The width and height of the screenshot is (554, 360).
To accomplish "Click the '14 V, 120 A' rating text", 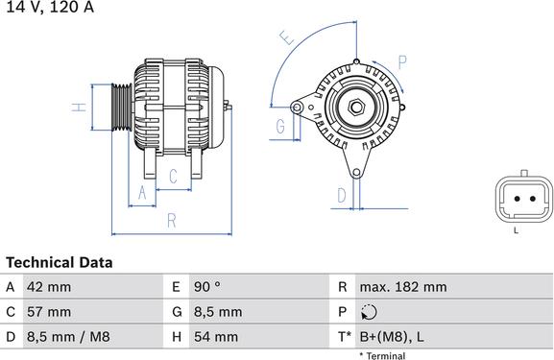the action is pyautogui.click(x=50, y=7).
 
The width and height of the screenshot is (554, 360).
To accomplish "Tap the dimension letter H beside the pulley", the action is pyautogui.click(x=79, y=108).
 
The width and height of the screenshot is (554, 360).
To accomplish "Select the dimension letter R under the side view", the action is pyautogui.click(x=171, y=221).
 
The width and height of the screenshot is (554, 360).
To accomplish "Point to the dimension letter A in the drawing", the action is pyautogui.click(x=142, y=193).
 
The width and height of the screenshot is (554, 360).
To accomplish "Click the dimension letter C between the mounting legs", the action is pyautogui.click(x=173, y=176).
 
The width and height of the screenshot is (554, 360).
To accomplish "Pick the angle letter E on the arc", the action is pyautogui.click(x=287, y=37).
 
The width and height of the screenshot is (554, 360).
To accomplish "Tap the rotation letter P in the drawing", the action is pyautogui.click(x=402, y=62).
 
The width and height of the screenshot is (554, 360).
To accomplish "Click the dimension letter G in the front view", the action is pyautogui.click(x=280, y=126).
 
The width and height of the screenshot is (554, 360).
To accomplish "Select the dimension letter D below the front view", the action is pyautogui.click(x=342, y=196).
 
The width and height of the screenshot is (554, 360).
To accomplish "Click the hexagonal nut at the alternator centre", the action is pyautogui.click(x=356, y=108).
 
